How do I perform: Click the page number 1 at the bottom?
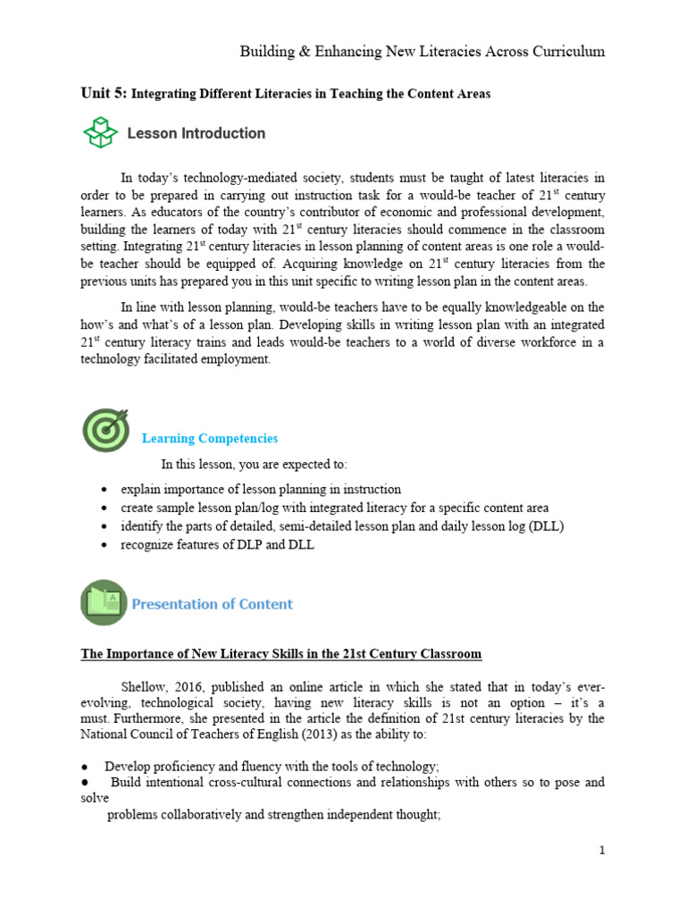(603, 850)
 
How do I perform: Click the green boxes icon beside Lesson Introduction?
(101, 133)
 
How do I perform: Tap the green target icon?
(105, 430)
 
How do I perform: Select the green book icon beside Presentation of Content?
(104, 602)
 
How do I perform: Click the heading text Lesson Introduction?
(197, 134)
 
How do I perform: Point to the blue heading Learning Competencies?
(210, 439)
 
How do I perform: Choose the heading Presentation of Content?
(213, 604)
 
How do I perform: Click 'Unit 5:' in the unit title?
(105, 93)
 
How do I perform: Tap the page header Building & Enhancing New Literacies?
(422, 52)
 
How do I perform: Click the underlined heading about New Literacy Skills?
(281, 654)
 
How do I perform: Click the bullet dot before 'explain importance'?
(105, 490)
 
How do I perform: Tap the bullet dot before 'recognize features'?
(105, 545)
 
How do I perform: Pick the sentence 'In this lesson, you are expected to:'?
(254, 465)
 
